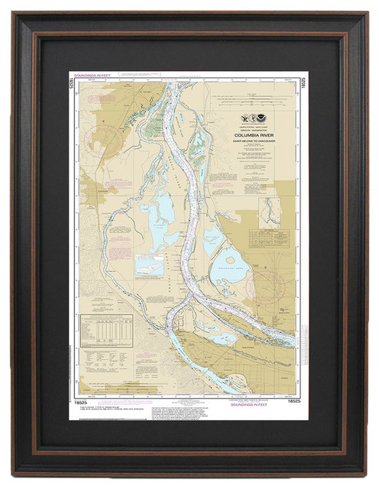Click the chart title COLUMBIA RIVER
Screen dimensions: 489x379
click(256, 130)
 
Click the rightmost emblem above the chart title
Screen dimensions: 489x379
click(264, 118)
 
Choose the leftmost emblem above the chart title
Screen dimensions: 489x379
click(244, 118)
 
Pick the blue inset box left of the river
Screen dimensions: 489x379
click(149, 264)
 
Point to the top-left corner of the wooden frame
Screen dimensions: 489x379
click(14, 15)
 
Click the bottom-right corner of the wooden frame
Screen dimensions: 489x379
click(365, 474)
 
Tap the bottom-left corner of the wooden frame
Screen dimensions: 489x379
click(14, 474)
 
